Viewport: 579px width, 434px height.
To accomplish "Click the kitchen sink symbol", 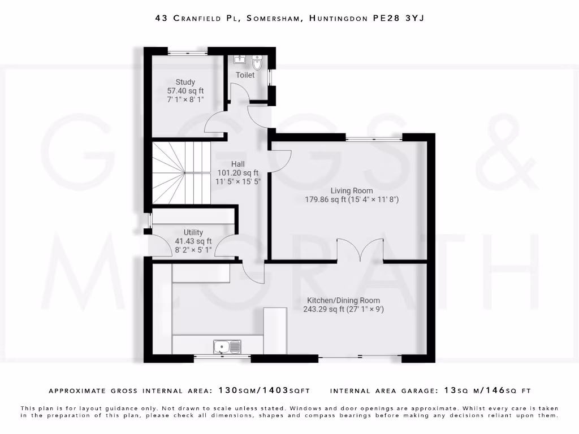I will (x=227, y=346).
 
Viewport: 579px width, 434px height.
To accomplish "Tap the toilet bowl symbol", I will (x=258, y=62).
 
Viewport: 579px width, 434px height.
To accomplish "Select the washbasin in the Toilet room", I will (x=238, y=59).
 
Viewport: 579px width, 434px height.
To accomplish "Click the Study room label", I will (x=185, y=82).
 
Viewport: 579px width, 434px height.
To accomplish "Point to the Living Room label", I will (x=352, y=190).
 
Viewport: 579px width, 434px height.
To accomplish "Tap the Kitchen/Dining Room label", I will (x=343, y=300).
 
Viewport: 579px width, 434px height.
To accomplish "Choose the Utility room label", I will (x=193, y=232).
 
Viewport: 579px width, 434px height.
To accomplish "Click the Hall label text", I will (x=237, y=164).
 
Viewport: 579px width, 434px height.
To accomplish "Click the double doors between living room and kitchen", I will (x=360, y=250).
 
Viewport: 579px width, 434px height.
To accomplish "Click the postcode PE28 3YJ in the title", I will (x=398, y=18).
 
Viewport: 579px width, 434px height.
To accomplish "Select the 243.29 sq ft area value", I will (x=325, y=309).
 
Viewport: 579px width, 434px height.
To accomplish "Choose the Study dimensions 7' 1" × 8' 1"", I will (x=185, y=99).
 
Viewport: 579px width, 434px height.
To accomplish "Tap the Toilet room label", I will (x=245, y=75).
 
